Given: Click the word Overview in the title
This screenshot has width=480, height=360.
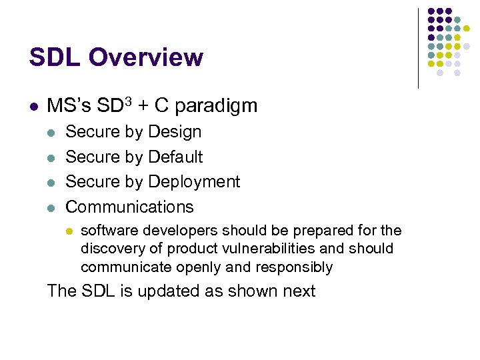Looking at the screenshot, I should click(x=145, y=58).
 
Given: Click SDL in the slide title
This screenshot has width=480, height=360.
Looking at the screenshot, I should click(x=55, y=58).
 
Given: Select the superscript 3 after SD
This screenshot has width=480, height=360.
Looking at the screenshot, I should click(x=128, y=101).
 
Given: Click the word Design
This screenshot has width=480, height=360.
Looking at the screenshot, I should click(x=175, y=132).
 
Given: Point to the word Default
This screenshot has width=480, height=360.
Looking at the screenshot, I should click(x=175, y=157).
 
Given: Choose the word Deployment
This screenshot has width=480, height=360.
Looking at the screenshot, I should click(x=194, y=182).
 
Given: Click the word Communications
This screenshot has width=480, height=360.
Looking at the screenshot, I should click(x=130, y=207).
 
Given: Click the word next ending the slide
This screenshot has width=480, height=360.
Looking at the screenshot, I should click(x=298, y=291).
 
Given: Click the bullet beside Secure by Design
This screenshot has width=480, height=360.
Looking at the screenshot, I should click(x=52, y=133).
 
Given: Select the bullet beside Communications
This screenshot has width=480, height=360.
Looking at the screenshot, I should click(x=52, y=207).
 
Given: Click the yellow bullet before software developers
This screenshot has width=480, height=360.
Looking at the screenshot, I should click(x=68, y=231).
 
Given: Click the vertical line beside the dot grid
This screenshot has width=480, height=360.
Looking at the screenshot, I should click(x=418, y=48).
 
